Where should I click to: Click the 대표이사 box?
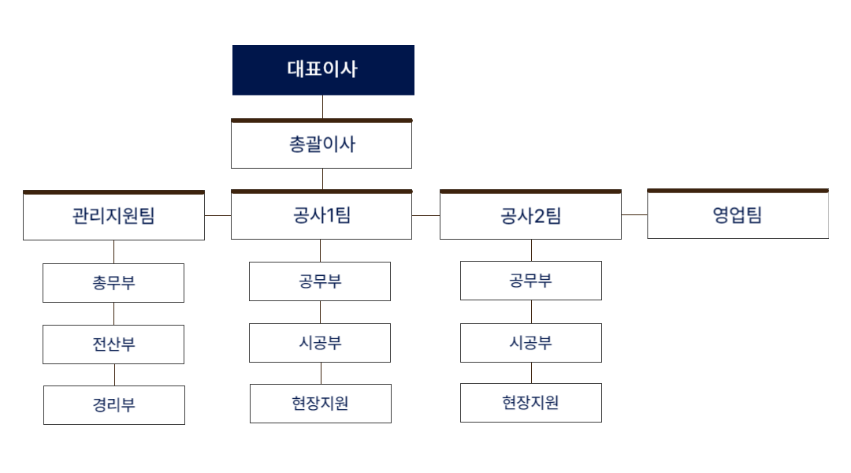coord(323,70)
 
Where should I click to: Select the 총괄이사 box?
coord(321,145)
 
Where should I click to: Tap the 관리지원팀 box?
coord(113,216)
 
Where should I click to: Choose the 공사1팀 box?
coord(321,215)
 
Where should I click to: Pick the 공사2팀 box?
coord(530,215)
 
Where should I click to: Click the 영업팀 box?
coord(738,214)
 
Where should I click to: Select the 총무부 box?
coord(113,283)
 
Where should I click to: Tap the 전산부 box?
coord(113,345)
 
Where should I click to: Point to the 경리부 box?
coord(114,405)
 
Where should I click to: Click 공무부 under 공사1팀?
coord(320,281)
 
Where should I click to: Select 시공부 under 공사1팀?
coord(320,343)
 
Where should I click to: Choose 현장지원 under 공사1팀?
coord(321,404)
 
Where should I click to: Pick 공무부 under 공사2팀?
coord(531,281)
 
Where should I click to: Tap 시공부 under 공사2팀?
coord(531,343)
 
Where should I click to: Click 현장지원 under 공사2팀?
coord(531,403)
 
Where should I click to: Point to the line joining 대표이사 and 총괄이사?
coord(323,107)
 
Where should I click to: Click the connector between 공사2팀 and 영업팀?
coord(634,214)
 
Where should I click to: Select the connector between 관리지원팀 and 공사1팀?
coord(217,214)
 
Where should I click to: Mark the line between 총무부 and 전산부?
coord(114,314)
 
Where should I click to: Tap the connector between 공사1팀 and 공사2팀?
coord(426,214)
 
